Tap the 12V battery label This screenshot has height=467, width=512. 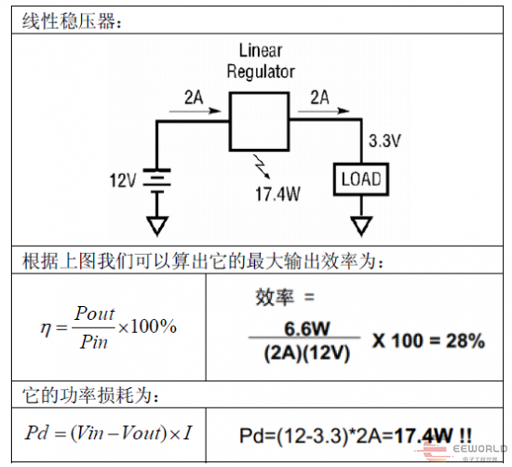tap(123, 180)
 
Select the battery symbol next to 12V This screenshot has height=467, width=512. tap(156, 181)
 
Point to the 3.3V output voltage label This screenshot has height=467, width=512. tap(384, 141)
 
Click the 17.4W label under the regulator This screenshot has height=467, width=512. tap(277, 193)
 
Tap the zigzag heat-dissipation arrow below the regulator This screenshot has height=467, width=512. tap(262, 167)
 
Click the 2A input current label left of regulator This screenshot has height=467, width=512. tap(194, 98)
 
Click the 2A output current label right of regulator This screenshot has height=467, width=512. tap(319, 98)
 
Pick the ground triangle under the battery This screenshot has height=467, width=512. tap(157, 226)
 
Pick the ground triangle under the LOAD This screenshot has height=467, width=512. tap(361, 226)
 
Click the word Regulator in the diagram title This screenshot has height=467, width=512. tap(261, 72)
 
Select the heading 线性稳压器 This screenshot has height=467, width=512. tap(69, 20)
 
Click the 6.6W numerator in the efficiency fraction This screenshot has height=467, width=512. tap(307, 328)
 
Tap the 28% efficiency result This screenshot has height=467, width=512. tap(465, 340)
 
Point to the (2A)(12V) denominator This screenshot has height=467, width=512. tap(306, 354)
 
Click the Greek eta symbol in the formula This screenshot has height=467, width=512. tap(46, 328)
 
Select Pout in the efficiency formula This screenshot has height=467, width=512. tap(94, 314)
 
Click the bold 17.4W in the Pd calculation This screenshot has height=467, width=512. tap(424, 435)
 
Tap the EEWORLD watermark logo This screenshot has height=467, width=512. tap(461, 452)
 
